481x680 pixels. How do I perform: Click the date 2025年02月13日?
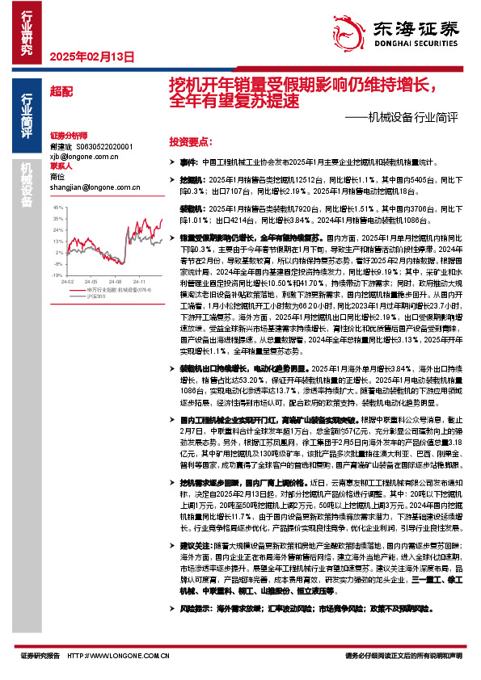pyautogui.click(x=91, y=57)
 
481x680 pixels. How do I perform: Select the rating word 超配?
pyautogui.click(x=61, y=92)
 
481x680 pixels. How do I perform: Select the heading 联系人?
pyautogui.click(x=61, y=166)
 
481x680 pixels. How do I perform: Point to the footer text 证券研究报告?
pyautogui.click(x=39, y=657)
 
